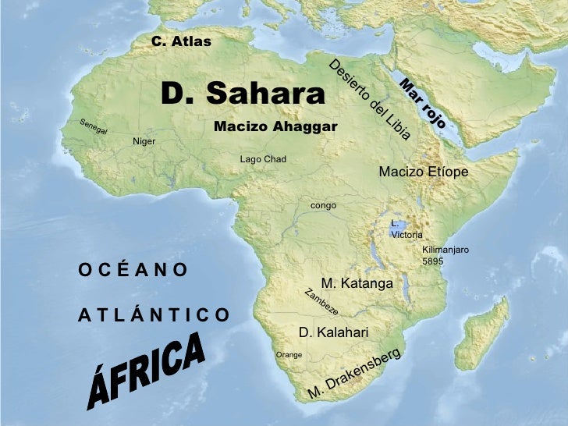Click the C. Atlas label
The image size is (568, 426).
181,41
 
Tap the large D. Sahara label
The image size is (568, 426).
243,94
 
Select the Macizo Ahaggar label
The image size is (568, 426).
275,126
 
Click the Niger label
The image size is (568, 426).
144,141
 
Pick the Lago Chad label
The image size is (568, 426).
263,159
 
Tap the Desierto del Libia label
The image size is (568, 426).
369,100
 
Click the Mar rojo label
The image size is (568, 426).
422,104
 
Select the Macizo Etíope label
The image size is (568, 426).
423,172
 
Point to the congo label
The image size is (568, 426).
323,205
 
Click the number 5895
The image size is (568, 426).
432,261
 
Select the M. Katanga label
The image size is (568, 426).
357,283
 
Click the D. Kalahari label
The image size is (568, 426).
333,332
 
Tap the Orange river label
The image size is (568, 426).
289,355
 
